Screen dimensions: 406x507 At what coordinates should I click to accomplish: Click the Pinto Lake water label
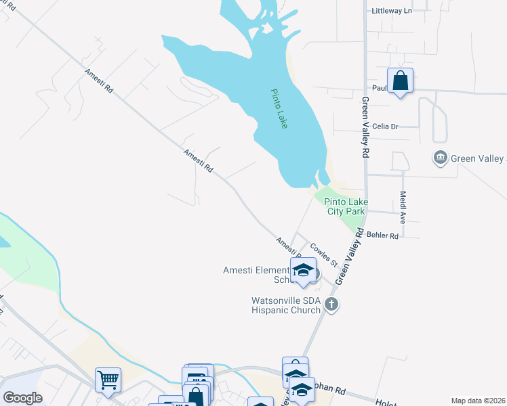[279, 109]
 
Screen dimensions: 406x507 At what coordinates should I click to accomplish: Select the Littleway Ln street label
[392, 11]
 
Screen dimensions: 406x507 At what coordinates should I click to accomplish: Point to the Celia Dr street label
[384, 126]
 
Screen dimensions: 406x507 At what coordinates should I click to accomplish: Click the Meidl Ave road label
[402, 210]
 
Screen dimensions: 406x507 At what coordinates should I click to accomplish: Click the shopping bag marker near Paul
[401, 81]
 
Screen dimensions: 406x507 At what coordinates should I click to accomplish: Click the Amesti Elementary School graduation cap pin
[304, 271]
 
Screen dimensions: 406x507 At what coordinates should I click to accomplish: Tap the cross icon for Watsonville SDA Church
[331, 304]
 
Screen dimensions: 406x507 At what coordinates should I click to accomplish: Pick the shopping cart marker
[108, 380]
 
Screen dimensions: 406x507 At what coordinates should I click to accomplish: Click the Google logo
[22, 397]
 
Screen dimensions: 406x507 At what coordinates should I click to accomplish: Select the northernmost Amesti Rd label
[99, 81]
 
